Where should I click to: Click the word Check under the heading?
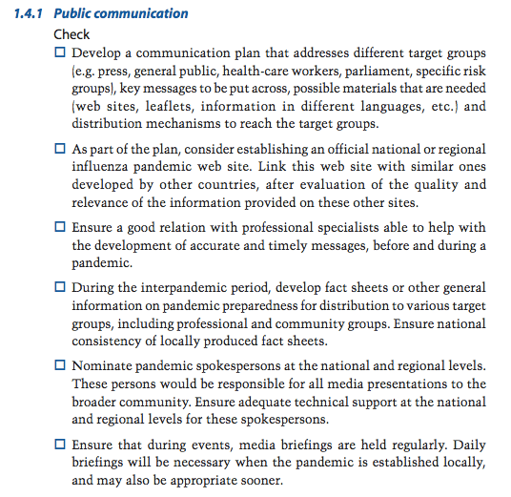[x=72, y=34]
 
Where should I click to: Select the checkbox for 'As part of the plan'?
[x=61, y=150]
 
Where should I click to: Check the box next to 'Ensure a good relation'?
[x=61, y=228]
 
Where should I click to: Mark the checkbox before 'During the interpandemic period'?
[x=61, y=287]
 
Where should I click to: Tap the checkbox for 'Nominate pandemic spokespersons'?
[x=61, y=366]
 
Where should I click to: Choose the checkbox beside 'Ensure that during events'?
[x=61, y=445]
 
